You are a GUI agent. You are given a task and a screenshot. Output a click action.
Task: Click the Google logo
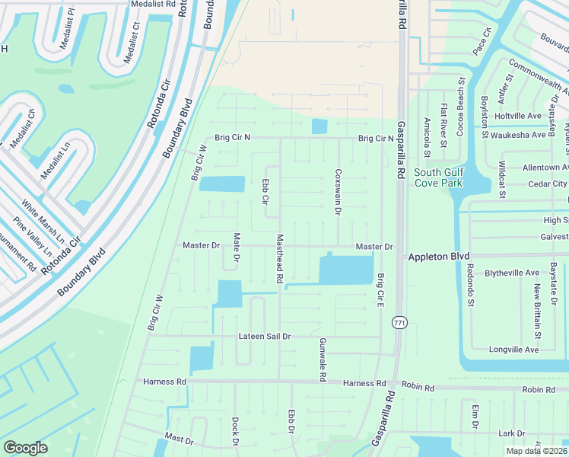pyautogui.click(x=25, y=448)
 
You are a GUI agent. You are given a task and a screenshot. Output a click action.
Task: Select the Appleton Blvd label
pyautogui.click(x=440, y=257)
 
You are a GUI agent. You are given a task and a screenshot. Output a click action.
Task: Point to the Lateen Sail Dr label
pyautogui.click(x=265, y=336)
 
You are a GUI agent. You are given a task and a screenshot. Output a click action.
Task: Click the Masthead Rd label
pyautogui.click(x=280, y=259)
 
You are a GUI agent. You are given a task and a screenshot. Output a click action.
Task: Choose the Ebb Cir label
pyautogui.click(x=265, y=191)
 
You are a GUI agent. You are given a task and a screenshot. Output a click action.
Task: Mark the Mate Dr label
pyautogui.click(x=237, y=248)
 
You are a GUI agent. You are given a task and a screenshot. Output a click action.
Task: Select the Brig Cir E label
pyautogui.click(x=380, y=290)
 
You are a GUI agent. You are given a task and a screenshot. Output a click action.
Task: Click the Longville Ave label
pyautogui.click(x=514, y=350)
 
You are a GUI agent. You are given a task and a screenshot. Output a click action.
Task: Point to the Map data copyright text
pyautogui.click(x=536, y=451)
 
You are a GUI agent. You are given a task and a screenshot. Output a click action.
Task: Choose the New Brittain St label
pyautogui.click(x=537, y=312)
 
